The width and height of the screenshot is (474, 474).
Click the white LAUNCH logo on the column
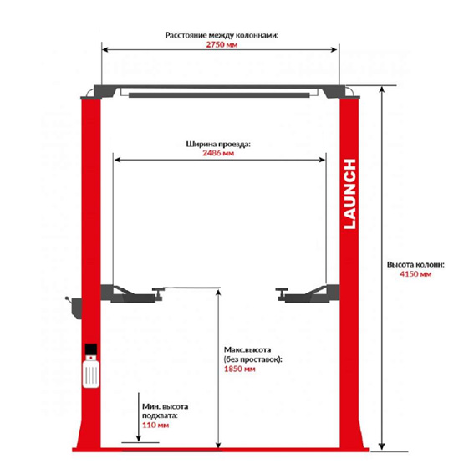(x=349, y=194)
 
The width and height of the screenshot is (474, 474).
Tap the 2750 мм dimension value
(x=222, y=45)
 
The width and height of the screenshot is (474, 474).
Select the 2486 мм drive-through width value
(x=218, y=153)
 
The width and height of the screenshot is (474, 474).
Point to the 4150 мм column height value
(x=415, y=274)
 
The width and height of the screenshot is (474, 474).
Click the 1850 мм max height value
(x=240, y=369)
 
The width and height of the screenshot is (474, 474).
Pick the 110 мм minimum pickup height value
(x=155, y=425)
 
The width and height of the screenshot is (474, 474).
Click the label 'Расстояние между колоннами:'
(x=222, y=35)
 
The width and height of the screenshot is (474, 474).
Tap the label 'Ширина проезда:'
(x=218, y=144)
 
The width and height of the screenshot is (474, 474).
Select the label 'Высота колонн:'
(x=415, y=264)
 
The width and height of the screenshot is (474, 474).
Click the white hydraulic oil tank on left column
(x=91, y=371)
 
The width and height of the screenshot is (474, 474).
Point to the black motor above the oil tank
(x=91, y=349)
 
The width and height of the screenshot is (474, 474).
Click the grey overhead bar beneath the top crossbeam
(x=219, y=95)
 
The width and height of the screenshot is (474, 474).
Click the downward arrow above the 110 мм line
(x=139, y=417)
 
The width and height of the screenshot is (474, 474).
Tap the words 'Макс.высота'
(x=247, y=349)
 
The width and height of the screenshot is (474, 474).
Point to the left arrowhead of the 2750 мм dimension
(x=105, y=50)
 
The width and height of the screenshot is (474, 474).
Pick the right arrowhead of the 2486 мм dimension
(x=322, y=160)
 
